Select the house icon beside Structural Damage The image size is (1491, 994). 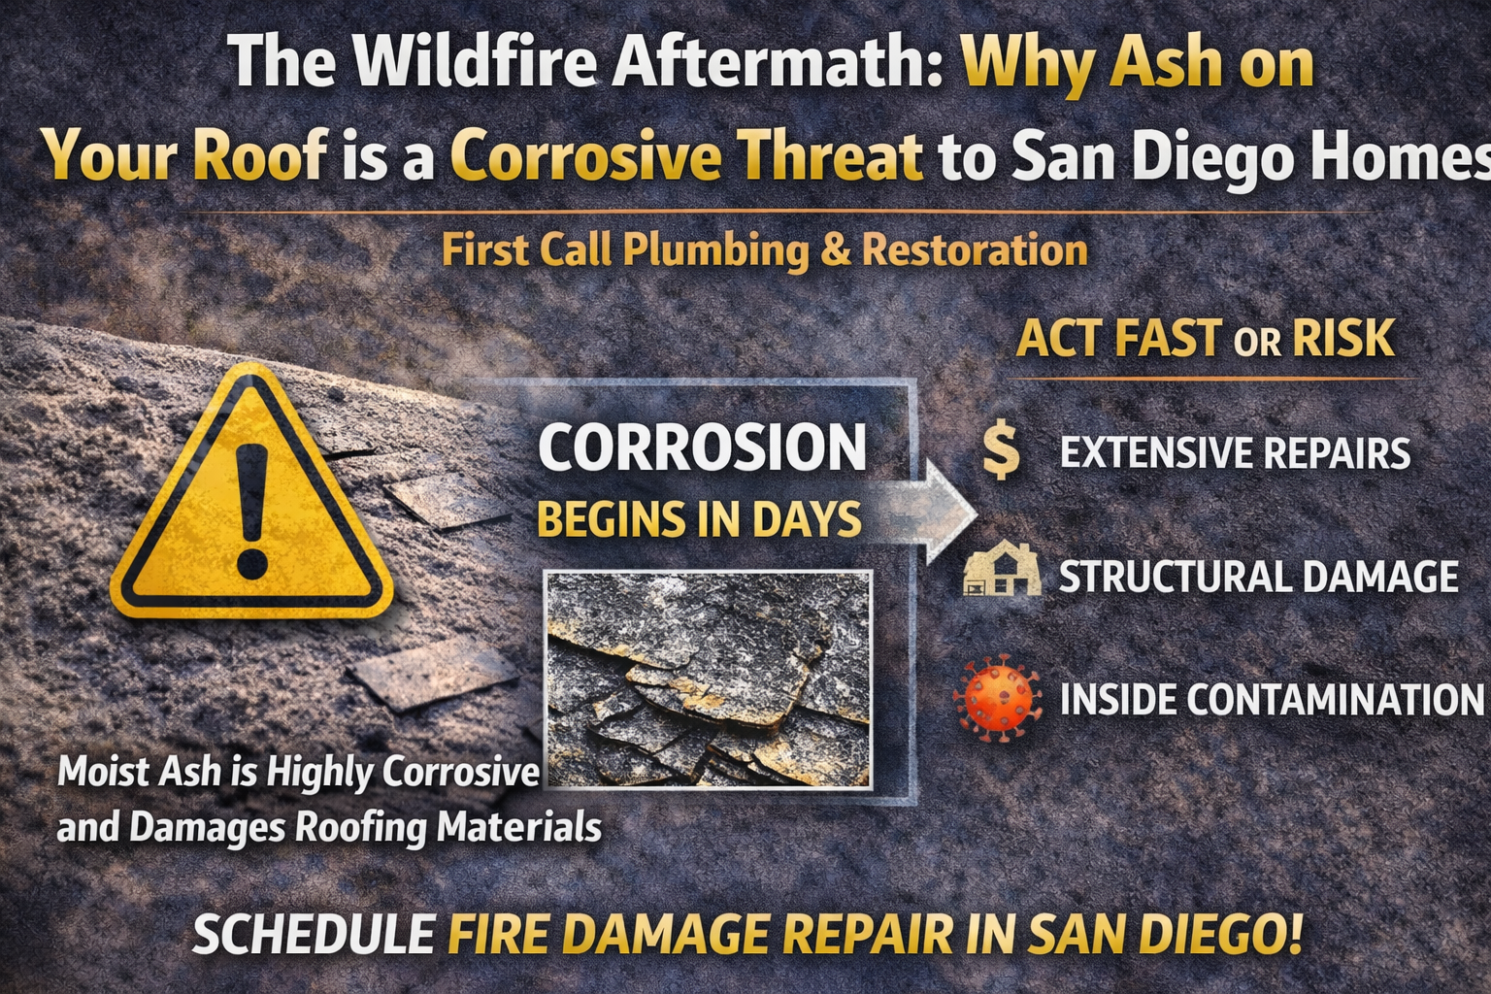point(1002,568)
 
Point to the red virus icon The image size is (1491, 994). point(997,698)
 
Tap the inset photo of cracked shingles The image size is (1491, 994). point(709,679)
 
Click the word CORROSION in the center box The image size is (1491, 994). point(702,447)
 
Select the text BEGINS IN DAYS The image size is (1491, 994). point(699,518)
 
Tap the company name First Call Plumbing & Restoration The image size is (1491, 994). point(764,251)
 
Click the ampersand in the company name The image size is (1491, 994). point(834,251)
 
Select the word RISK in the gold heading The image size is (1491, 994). point(1343,338)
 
